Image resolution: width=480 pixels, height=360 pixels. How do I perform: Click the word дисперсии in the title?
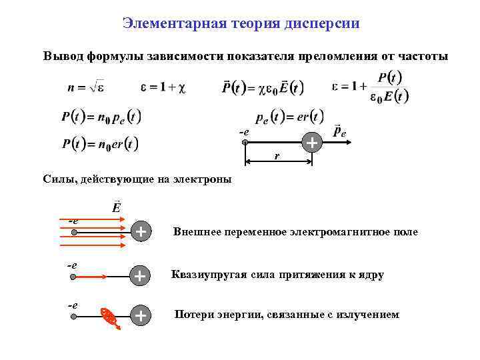[322, 24]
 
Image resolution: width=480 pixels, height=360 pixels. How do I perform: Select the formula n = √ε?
[87, 87]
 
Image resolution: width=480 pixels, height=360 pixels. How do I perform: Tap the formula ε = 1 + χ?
[163, 87]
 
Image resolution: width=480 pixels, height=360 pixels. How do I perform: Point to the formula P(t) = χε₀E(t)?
[263, 87]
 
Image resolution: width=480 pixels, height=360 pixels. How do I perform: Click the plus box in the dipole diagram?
[311, 142]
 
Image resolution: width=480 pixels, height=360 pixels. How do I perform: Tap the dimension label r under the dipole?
[277, 157]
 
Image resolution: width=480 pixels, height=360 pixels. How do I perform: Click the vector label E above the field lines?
[117, 205]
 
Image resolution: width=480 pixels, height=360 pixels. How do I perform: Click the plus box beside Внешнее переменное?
[140, 232]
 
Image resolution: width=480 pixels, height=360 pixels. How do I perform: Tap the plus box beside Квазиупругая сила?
[140, 275]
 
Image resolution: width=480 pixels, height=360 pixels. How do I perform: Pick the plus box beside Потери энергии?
[140, 316]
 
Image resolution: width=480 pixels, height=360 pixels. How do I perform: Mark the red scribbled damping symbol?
[109, 319]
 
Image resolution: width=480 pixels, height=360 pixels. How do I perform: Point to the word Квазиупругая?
[202, 275]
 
